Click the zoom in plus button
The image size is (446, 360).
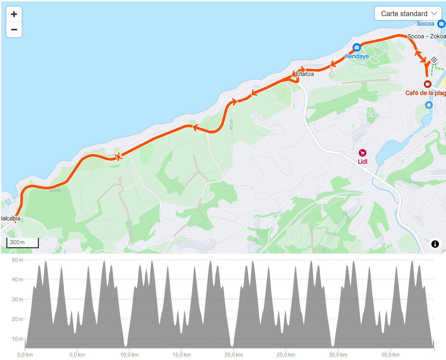(x=14, y=14)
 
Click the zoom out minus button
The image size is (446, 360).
(x=14, y=30)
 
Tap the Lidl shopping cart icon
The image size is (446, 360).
(x=362, y=153)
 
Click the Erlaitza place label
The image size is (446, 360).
(x=305, y=74)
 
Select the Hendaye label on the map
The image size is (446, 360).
(x=357, y=56)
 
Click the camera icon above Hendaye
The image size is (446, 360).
(x=357, y=47)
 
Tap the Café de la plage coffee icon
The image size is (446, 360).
(x=427, y=84)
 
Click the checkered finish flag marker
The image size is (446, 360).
(x=434, y=60)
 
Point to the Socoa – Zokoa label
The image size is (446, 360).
(x=426, y=36)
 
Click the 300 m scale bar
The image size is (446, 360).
(x=22, y=242)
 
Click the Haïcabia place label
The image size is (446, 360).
(x=11, y=219)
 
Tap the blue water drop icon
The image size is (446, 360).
(x=429, y=105)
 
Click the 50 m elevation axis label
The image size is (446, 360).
(x=17, y=260)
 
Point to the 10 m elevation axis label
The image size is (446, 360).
(x=17, y=339)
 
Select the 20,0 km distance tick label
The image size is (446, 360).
(x=234, y=355)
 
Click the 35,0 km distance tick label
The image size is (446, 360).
(x=390, y=355)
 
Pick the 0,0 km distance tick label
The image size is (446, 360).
(x=25, y=355)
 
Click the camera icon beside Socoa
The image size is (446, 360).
(x=441, y=24)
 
